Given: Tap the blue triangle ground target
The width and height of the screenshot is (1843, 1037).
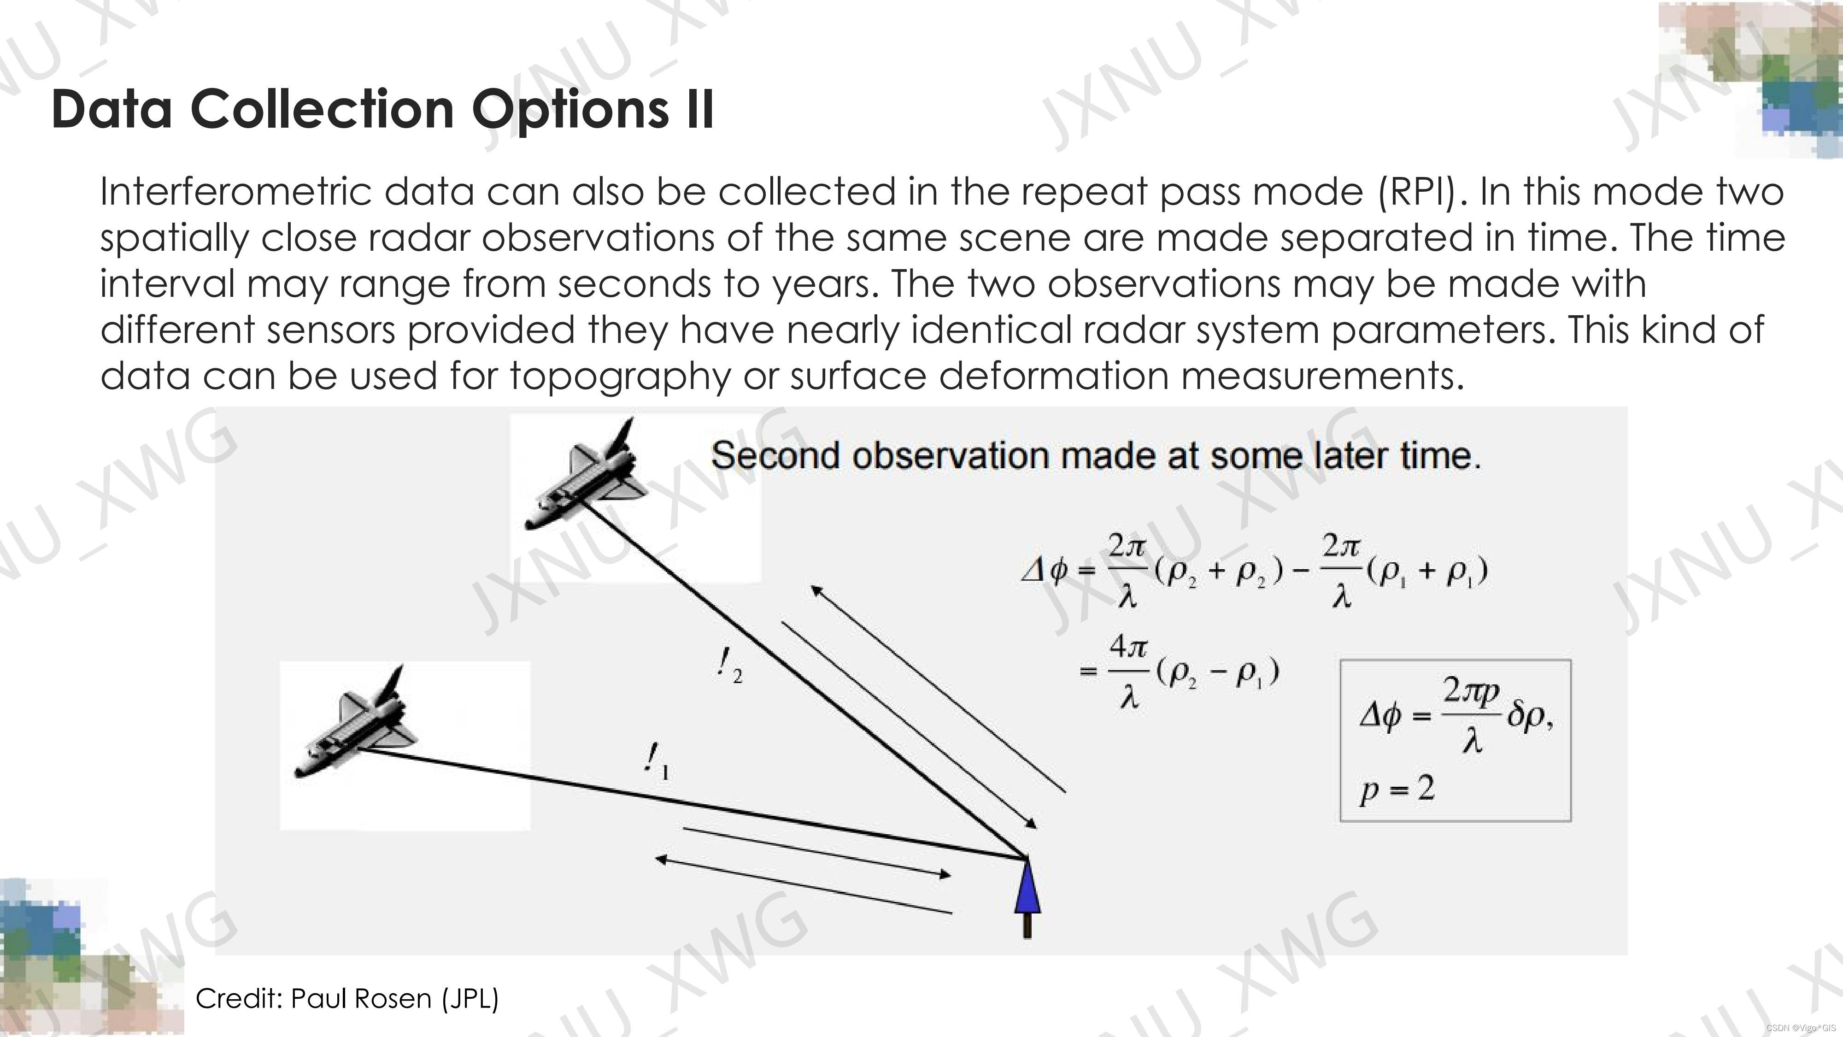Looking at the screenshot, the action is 1027,887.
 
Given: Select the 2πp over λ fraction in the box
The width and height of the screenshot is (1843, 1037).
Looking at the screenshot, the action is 1470,716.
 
